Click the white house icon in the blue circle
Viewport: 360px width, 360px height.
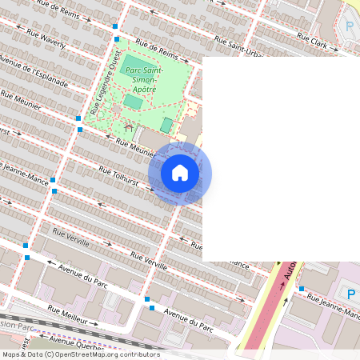pos(180,173)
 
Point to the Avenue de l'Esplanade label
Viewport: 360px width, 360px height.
pos(34,71)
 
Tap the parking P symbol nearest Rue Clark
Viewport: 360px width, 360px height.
pos(349,26)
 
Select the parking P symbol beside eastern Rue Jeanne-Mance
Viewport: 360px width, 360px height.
pos(350,294)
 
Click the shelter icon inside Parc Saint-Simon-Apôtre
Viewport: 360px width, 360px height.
pos(128,126)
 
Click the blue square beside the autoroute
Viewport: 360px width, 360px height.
pos(302,289)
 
